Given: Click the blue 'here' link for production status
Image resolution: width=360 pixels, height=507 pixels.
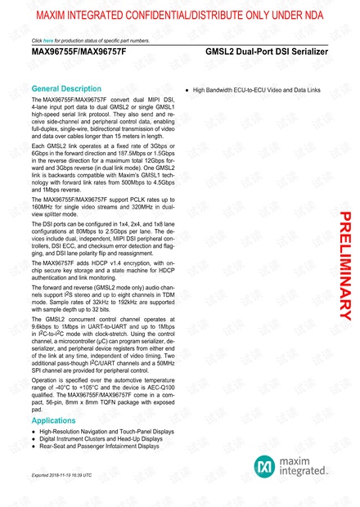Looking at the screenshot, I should point(48,40).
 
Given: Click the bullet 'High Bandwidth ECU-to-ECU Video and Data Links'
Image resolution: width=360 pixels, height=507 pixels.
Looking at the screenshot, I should point(258,88).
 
